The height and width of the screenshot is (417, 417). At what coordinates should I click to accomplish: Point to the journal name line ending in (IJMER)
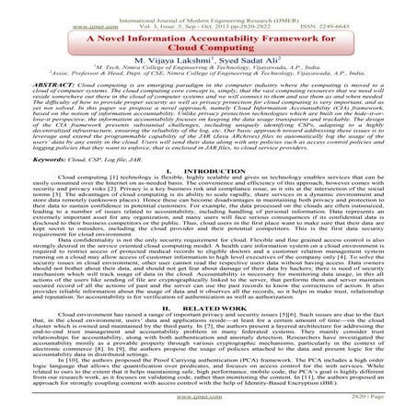coord(210,6)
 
